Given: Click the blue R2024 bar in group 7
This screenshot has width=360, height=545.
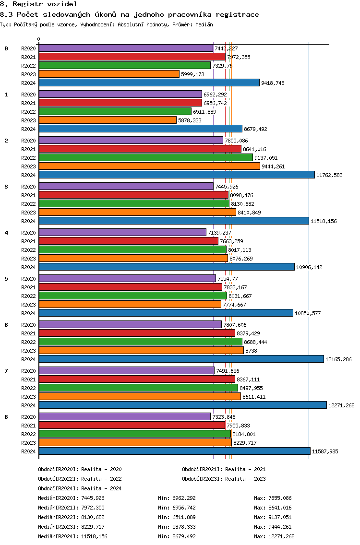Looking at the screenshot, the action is pyautogui.click(x=183, y=405).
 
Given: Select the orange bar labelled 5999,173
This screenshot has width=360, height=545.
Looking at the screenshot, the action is pyautogui.click(x=109, y=74).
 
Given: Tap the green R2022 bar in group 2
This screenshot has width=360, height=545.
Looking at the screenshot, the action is pyautogui.click(x=146, y=157).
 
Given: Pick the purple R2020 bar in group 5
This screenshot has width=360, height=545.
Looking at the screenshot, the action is pyautogui.click(x=127, y=278).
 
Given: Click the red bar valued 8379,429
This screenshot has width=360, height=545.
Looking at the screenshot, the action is pyautogui.click(x=137, y=333).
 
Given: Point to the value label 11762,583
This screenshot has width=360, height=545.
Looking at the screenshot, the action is pyautogui.click(x=329, y=175).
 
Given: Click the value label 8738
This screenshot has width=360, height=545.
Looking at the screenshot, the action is pyautogui.click(x=251, y=351).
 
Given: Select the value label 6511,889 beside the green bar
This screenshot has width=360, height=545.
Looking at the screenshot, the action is pyautogui.click(x=204, y=112).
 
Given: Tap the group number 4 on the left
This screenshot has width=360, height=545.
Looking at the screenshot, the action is pyautogui.click(x=6, y=233).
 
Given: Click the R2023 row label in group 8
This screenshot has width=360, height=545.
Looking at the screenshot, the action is pyautogui.click(x=28, y=443).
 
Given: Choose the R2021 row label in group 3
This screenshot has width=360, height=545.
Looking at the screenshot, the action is pyautogui.click(x=28, y=195).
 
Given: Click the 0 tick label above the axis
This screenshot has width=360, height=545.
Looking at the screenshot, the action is pyautogui.click(x=38, y=39).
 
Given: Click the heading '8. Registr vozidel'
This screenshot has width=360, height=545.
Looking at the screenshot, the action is pyautogui.click(x=38, y=4).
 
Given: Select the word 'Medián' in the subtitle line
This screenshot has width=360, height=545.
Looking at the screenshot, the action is pyautogui.click(x=204, y=24).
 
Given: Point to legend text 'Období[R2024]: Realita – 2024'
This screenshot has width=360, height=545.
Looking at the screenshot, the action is pyautogui.click(x=80, y=488).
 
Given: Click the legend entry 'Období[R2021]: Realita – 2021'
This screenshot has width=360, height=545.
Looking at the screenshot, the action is pyautogui.click(x=224, y=469).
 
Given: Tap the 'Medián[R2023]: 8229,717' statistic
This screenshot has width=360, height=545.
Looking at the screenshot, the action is pyautogui.click(x=72, y=527).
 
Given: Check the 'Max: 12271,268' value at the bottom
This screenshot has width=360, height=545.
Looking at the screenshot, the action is pyautogui.click(x=274, y=536).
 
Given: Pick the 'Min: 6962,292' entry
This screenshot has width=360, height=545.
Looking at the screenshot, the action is pyautogui.click(x=177, y=498).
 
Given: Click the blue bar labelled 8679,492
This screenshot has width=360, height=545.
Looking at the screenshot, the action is pyautogui.click(x=141, y=129).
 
